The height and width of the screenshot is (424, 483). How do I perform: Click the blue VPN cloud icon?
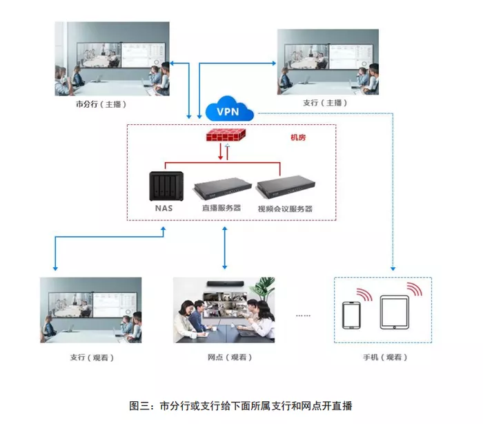(x=230, y=109)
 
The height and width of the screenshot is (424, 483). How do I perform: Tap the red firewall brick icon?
(x=226, y=135)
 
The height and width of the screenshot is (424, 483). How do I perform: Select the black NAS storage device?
(x=166, y=186)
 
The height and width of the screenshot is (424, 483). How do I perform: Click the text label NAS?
(x=164, y=208)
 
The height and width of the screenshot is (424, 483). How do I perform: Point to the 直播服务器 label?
(x=221, y=208)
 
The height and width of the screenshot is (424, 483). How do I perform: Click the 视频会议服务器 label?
(x=285, y=209)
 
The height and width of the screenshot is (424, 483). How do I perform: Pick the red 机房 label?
(x=298, y=137)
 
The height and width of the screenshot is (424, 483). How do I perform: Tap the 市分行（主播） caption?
(x=101, y=104)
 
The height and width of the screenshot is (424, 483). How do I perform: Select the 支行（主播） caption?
(x=325, y=103)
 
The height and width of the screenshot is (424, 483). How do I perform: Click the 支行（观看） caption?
(x=92, y=358)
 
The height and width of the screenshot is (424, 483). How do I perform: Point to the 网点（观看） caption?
(x=230, y=357)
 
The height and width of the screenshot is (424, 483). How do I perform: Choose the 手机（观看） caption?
(x=385, y=357)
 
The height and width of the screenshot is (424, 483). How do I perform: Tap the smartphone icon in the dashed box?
(x=351, y=315)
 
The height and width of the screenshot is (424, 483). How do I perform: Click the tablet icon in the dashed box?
(x=395, y=312)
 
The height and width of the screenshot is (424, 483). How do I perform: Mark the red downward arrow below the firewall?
(x=221, y=151)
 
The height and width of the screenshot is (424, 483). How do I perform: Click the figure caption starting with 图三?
(x=241, y=405)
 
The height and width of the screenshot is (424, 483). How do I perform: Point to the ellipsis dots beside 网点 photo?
(x=303, y=316)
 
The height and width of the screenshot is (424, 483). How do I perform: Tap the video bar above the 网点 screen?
(x=225, y=283)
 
